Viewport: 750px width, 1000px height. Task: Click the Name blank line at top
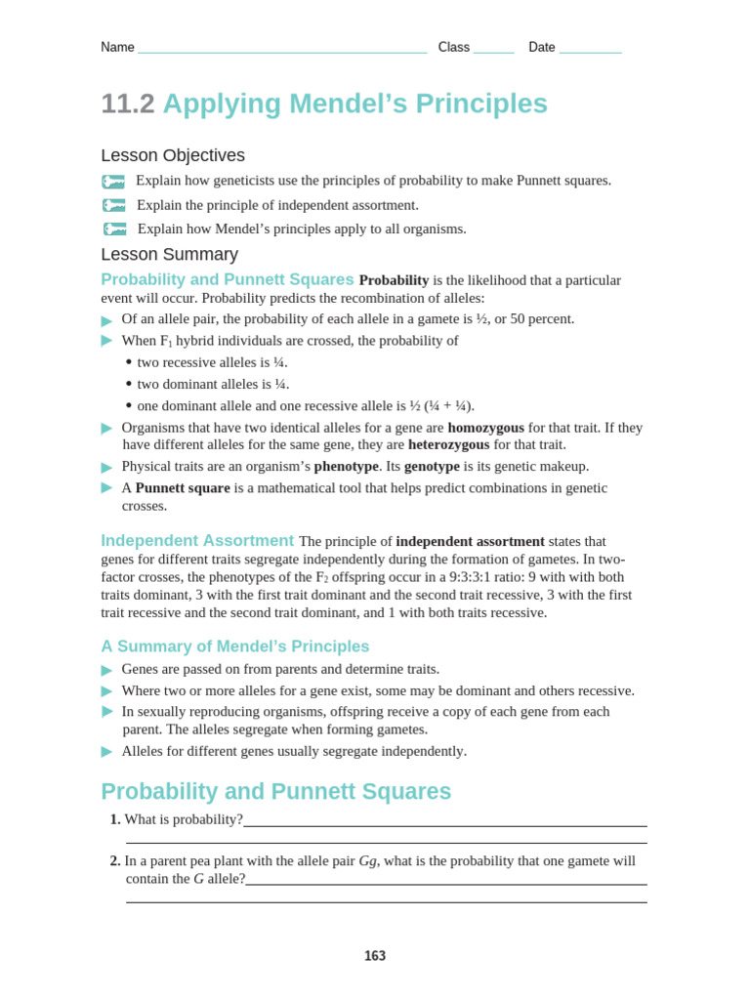click(x=282, y=49)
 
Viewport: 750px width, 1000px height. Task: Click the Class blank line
click(x=493, y=49)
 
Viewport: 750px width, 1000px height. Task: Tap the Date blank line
click(x=590, y=49)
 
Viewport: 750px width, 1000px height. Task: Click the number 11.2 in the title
click(x=128, y=104)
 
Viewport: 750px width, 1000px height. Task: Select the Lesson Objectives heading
click(x=173, y=155)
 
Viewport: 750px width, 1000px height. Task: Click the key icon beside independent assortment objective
click(x=114, y=205)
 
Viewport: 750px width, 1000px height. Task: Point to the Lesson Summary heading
click(x=169, y=254)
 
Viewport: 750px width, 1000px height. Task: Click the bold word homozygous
click(x=485, y=428)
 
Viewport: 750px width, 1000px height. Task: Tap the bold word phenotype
click(x=346, y=467)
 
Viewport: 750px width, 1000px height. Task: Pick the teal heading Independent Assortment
click(x=197, y=541)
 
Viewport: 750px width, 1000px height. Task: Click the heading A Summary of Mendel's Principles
click(x=235, y=646)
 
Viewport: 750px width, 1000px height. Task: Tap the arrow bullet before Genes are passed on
click(x=106, y=670)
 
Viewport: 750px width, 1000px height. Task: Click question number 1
click(x=115, y=819)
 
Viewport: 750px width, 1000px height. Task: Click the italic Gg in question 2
click(x=368, y=861)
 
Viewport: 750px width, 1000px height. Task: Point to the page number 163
click(x=375, y=956)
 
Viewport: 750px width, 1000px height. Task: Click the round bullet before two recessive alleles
click(x=129, y=362)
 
